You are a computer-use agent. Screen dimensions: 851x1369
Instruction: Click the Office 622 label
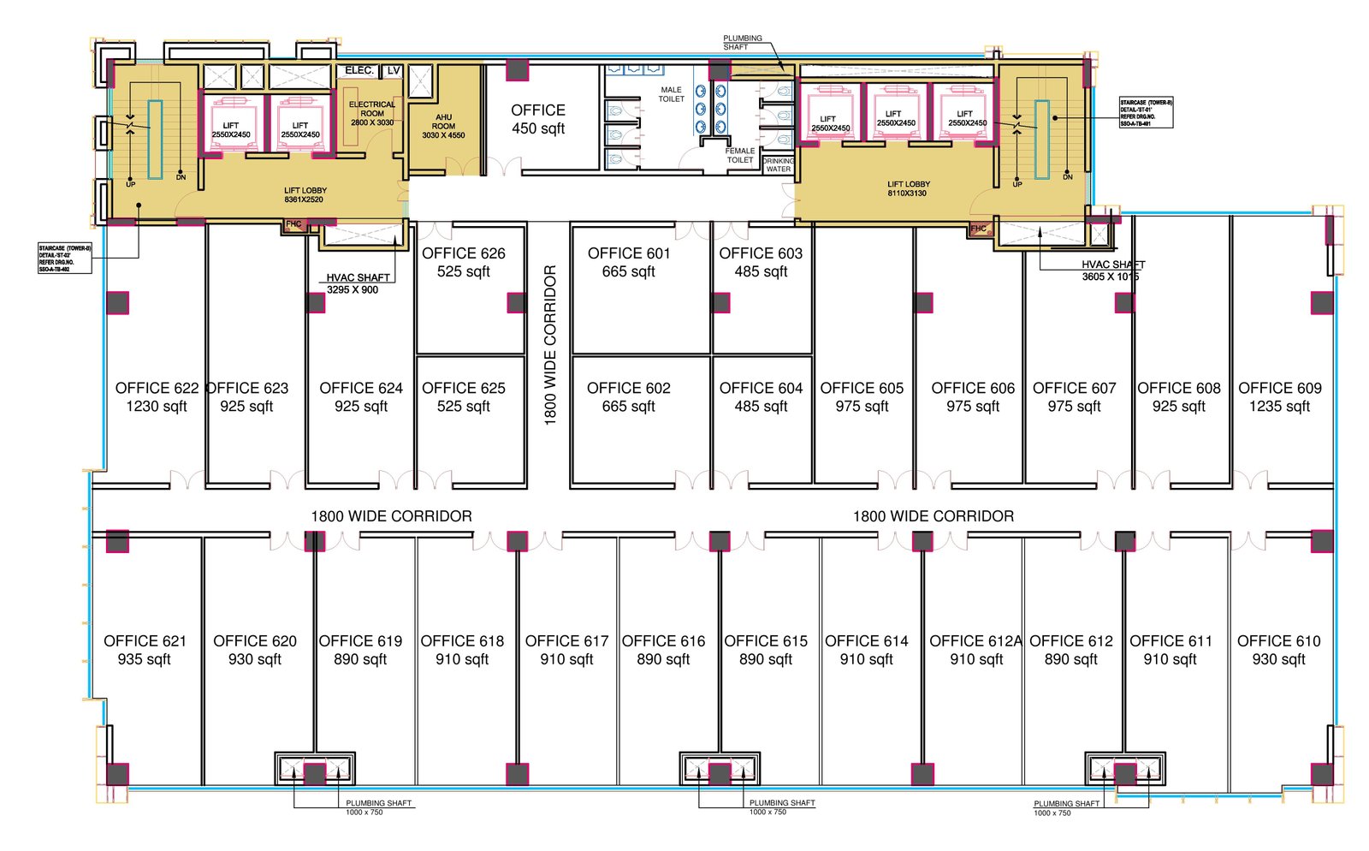point(157,389)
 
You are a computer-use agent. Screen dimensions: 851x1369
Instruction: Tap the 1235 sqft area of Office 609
point(1279,407)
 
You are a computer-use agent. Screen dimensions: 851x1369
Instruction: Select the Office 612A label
point(975,641)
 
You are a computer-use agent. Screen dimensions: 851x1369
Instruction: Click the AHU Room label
point(443,126)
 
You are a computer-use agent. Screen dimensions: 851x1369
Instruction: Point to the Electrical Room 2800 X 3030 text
point(372,114)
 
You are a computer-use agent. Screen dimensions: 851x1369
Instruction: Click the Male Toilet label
point(671,94)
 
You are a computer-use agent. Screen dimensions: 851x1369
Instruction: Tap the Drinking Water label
point(778,164)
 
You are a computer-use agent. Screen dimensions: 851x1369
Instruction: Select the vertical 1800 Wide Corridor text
point(550,345)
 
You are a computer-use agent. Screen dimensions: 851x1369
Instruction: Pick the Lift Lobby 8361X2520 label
point(305,195)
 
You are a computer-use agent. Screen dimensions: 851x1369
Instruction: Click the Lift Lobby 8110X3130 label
point(908,188)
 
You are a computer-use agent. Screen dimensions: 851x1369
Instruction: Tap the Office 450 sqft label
point(538,120)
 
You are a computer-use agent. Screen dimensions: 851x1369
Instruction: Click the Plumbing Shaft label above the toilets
point(742,42)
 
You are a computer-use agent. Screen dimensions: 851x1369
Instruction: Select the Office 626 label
point(463,253)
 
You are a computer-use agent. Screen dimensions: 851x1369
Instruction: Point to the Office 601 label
point(629,253)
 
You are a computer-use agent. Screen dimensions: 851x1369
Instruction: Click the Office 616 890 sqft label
point(663,650)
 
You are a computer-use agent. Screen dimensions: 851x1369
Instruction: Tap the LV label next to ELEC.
point(393,70)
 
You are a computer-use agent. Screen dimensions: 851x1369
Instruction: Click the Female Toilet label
point(740,155)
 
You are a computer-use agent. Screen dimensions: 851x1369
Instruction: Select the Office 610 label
point(1278,641)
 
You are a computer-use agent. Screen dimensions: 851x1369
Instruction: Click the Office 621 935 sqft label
point(145,650)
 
